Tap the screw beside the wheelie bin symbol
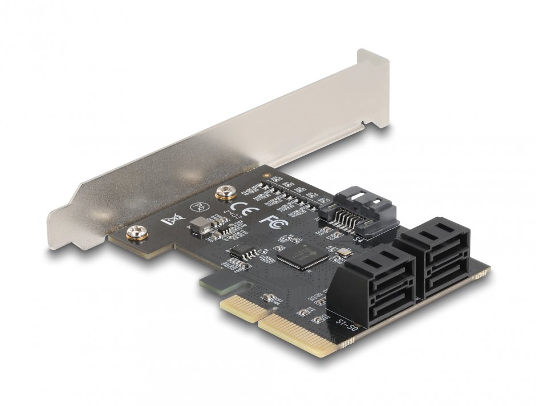(x=137, y=231)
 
